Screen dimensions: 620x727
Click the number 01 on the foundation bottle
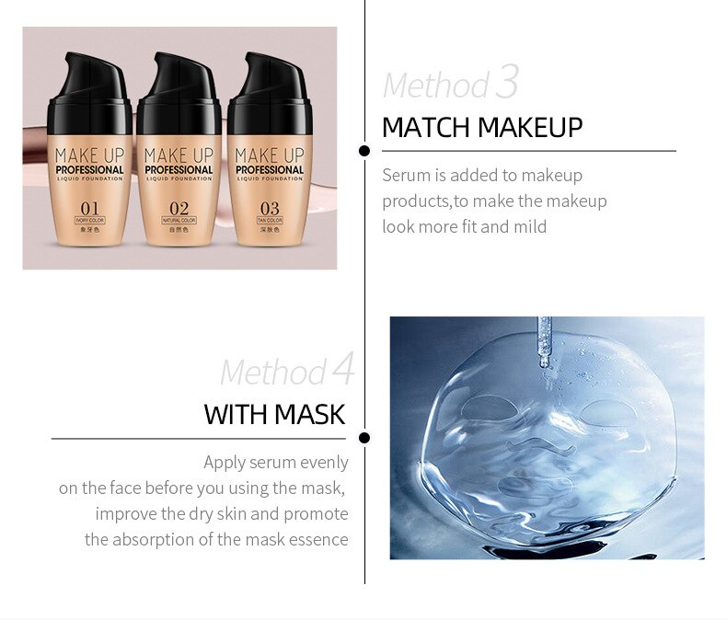click(89, 208)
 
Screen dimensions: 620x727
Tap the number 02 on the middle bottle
click(179, 208)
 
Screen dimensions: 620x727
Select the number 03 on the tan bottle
click(269, 208)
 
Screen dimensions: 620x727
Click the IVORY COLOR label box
click(89, 222)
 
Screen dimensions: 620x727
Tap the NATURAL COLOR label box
click(179, 222)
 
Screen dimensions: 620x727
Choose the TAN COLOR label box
click(269, 222)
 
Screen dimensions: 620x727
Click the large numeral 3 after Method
click(507, 82)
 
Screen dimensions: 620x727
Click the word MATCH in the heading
click(424, 127)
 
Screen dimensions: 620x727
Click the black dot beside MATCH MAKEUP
click(364, 150)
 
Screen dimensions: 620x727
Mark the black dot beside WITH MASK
click(364, 438)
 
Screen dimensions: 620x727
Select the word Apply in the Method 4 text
click(225, 462)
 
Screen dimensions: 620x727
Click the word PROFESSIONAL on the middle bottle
click(179, 170)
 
